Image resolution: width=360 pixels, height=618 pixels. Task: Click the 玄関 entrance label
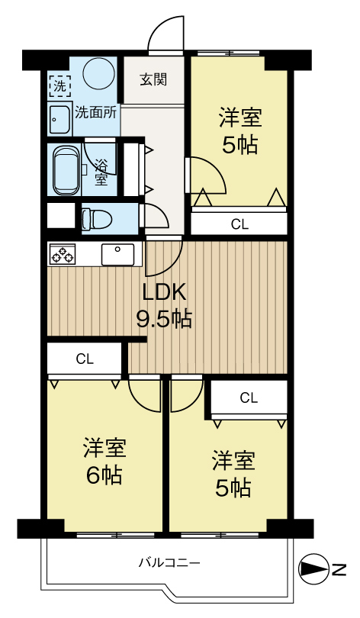pos(153,79)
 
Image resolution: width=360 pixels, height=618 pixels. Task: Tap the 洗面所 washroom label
pos(95,112)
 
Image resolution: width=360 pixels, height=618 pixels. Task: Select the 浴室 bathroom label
pos(101,172)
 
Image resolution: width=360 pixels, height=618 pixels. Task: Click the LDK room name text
pos(164,292)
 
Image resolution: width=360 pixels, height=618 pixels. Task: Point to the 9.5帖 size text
pos(164,319)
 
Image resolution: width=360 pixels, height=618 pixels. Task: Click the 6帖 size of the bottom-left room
pos(104,475)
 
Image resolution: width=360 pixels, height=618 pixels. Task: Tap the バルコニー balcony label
pos(169,564)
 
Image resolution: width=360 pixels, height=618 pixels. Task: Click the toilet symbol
pos(96,217)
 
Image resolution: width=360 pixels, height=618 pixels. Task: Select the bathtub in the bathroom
pos(66,169)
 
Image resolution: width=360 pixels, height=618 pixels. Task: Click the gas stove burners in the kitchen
pos(61,254)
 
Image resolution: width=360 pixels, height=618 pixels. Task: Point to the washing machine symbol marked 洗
pos(58,85)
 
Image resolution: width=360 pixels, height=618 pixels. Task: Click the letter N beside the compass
pos(338,569)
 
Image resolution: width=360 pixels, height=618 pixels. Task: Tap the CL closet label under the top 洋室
pos(239,224)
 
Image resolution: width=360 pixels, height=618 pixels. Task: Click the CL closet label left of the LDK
pos(85,359)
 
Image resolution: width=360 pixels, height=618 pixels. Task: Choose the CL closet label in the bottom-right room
pos(249,398)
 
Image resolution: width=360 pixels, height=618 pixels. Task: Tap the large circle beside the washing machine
pos(98,76)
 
